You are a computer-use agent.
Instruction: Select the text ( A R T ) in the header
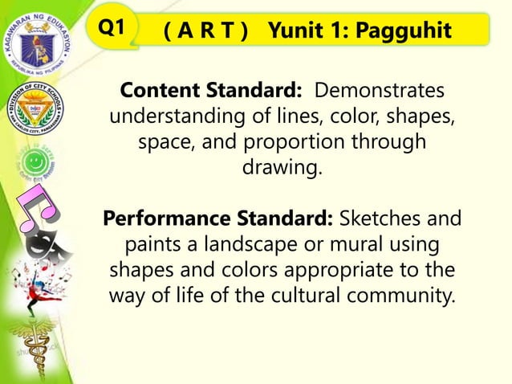pos(205,31)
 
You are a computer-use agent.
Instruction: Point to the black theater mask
pos(36,244)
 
